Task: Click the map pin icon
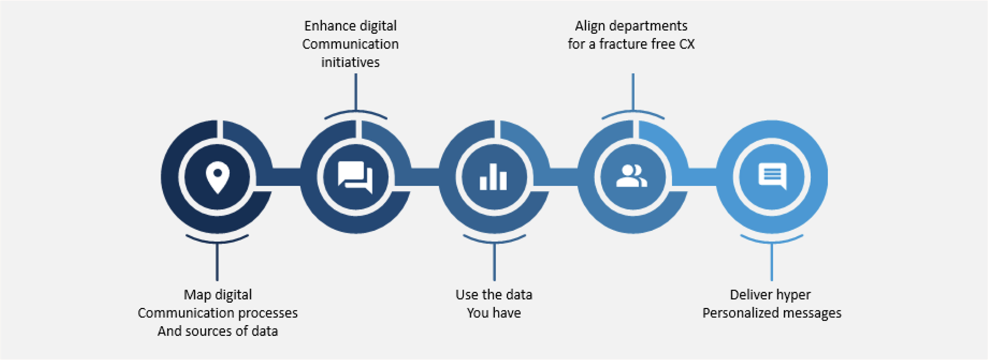[217, 177]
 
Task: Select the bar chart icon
[493, 177]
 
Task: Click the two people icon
[631, 176]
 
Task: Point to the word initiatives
[350, 62]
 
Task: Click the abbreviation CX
[687, 44]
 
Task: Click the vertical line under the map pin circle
[217, 262]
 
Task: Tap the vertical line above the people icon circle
[633, 92]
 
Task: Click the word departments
[648, 26]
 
